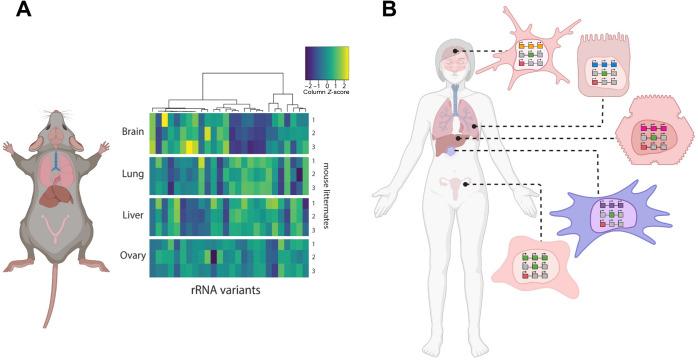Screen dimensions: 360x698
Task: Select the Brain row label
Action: tap(132, 130)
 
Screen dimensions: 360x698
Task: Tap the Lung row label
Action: tap(133, 175)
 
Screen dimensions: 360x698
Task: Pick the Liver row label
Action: tap(132, 216)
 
